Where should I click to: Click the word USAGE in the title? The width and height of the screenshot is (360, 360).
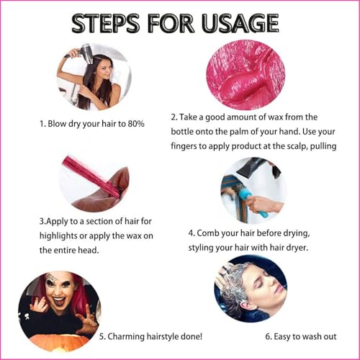(240, 23)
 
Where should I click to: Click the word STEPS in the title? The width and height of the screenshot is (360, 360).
(106, 23)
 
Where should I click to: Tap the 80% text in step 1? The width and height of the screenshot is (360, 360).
(136, 124)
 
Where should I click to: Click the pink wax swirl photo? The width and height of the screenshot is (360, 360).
(246, 75)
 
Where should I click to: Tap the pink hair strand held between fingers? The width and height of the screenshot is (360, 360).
(91, 176)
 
